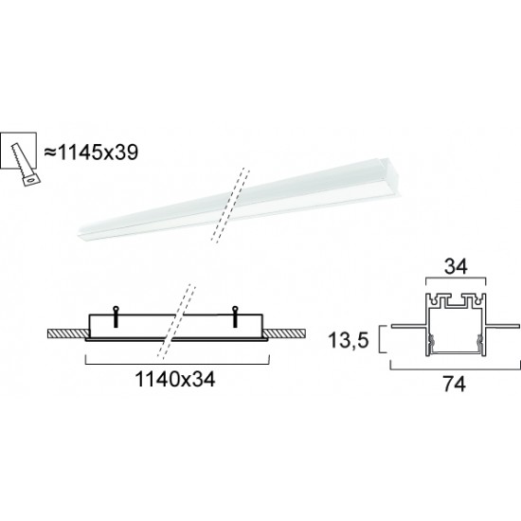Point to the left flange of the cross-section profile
pos(402,328)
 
